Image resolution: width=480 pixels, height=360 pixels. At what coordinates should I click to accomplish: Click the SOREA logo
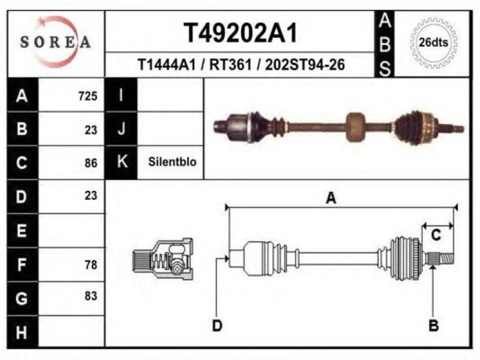(55, 41)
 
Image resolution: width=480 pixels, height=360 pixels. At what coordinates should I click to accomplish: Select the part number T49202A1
(241, 33)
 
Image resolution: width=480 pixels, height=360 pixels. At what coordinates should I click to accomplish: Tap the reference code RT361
(230, 65)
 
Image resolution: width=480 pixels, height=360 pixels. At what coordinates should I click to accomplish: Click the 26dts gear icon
(433, 43)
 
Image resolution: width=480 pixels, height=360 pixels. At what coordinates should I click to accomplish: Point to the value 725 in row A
(88, 96)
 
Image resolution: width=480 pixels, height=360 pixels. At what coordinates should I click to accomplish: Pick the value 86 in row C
(91, 163)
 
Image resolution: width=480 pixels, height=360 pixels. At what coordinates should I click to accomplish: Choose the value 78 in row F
(91, 265)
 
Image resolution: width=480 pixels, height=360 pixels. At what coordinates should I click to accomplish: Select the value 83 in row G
(91, 296)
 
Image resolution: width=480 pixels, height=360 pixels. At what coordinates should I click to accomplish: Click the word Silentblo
(172, 161)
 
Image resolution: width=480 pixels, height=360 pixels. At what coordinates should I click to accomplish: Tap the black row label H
(22, 332)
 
